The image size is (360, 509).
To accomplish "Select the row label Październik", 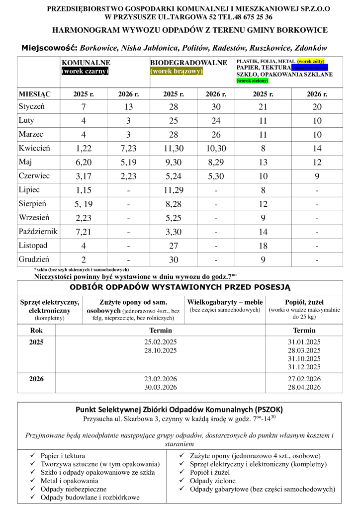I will (38, 232).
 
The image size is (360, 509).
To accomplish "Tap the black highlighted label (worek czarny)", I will (85, 71).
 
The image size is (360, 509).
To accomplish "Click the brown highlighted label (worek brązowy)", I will (177, 71).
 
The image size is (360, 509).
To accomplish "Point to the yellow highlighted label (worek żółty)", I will (311, 61).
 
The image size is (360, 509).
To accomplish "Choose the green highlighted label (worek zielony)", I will (252, 81).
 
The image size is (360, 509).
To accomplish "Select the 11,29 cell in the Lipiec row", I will (174, 190).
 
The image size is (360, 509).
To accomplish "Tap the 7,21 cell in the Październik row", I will (81, 232).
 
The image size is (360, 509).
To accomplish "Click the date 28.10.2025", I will (160, 350).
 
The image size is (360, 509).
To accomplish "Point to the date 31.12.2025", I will (304, 367).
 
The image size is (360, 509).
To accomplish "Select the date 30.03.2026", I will (160, 387).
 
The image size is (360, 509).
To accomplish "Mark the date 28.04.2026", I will (304, 387).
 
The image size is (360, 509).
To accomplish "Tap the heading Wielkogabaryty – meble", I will (225, 302).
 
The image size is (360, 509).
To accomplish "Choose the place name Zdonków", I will (311, 48).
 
